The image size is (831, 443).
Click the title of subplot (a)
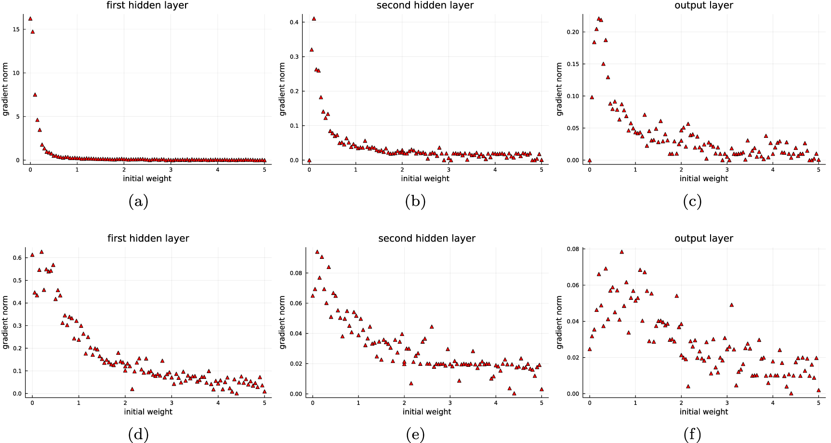click(x=147, y=5)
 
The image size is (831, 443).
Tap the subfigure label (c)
click(x=692, y=201)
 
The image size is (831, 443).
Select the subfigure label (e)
click(x=415, y=435)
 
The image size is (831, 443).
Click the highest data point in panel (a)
click(x=30, y=19)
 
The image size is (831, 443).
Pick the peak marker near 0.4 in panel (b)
click(x=314, y=19)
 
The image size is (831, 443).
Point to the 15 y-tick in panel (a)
click(x=16, y=29)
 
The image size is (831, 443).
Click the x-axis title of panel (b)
click(x=425, y=178)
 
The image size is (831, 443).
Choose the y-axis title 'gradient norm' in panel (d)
click(x=6, y=322)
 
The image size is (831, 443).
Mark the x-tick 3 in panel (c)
click(x=727, y=170)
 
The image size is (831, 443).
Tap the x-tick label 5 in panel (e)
click(x=541, y=403)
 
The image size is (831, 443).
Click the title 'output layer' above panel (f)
click(x=703, y=238)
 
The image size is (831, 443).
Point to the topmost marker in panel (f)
click(x=621, y=252)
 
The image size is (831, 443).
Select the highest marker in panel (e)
click(x=317, y=252)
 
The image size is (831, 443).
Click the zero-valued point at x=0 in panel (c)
click(x=589, y=160)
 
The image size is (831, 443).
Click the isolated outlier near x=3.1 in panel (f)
click(x=731, y=305)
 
